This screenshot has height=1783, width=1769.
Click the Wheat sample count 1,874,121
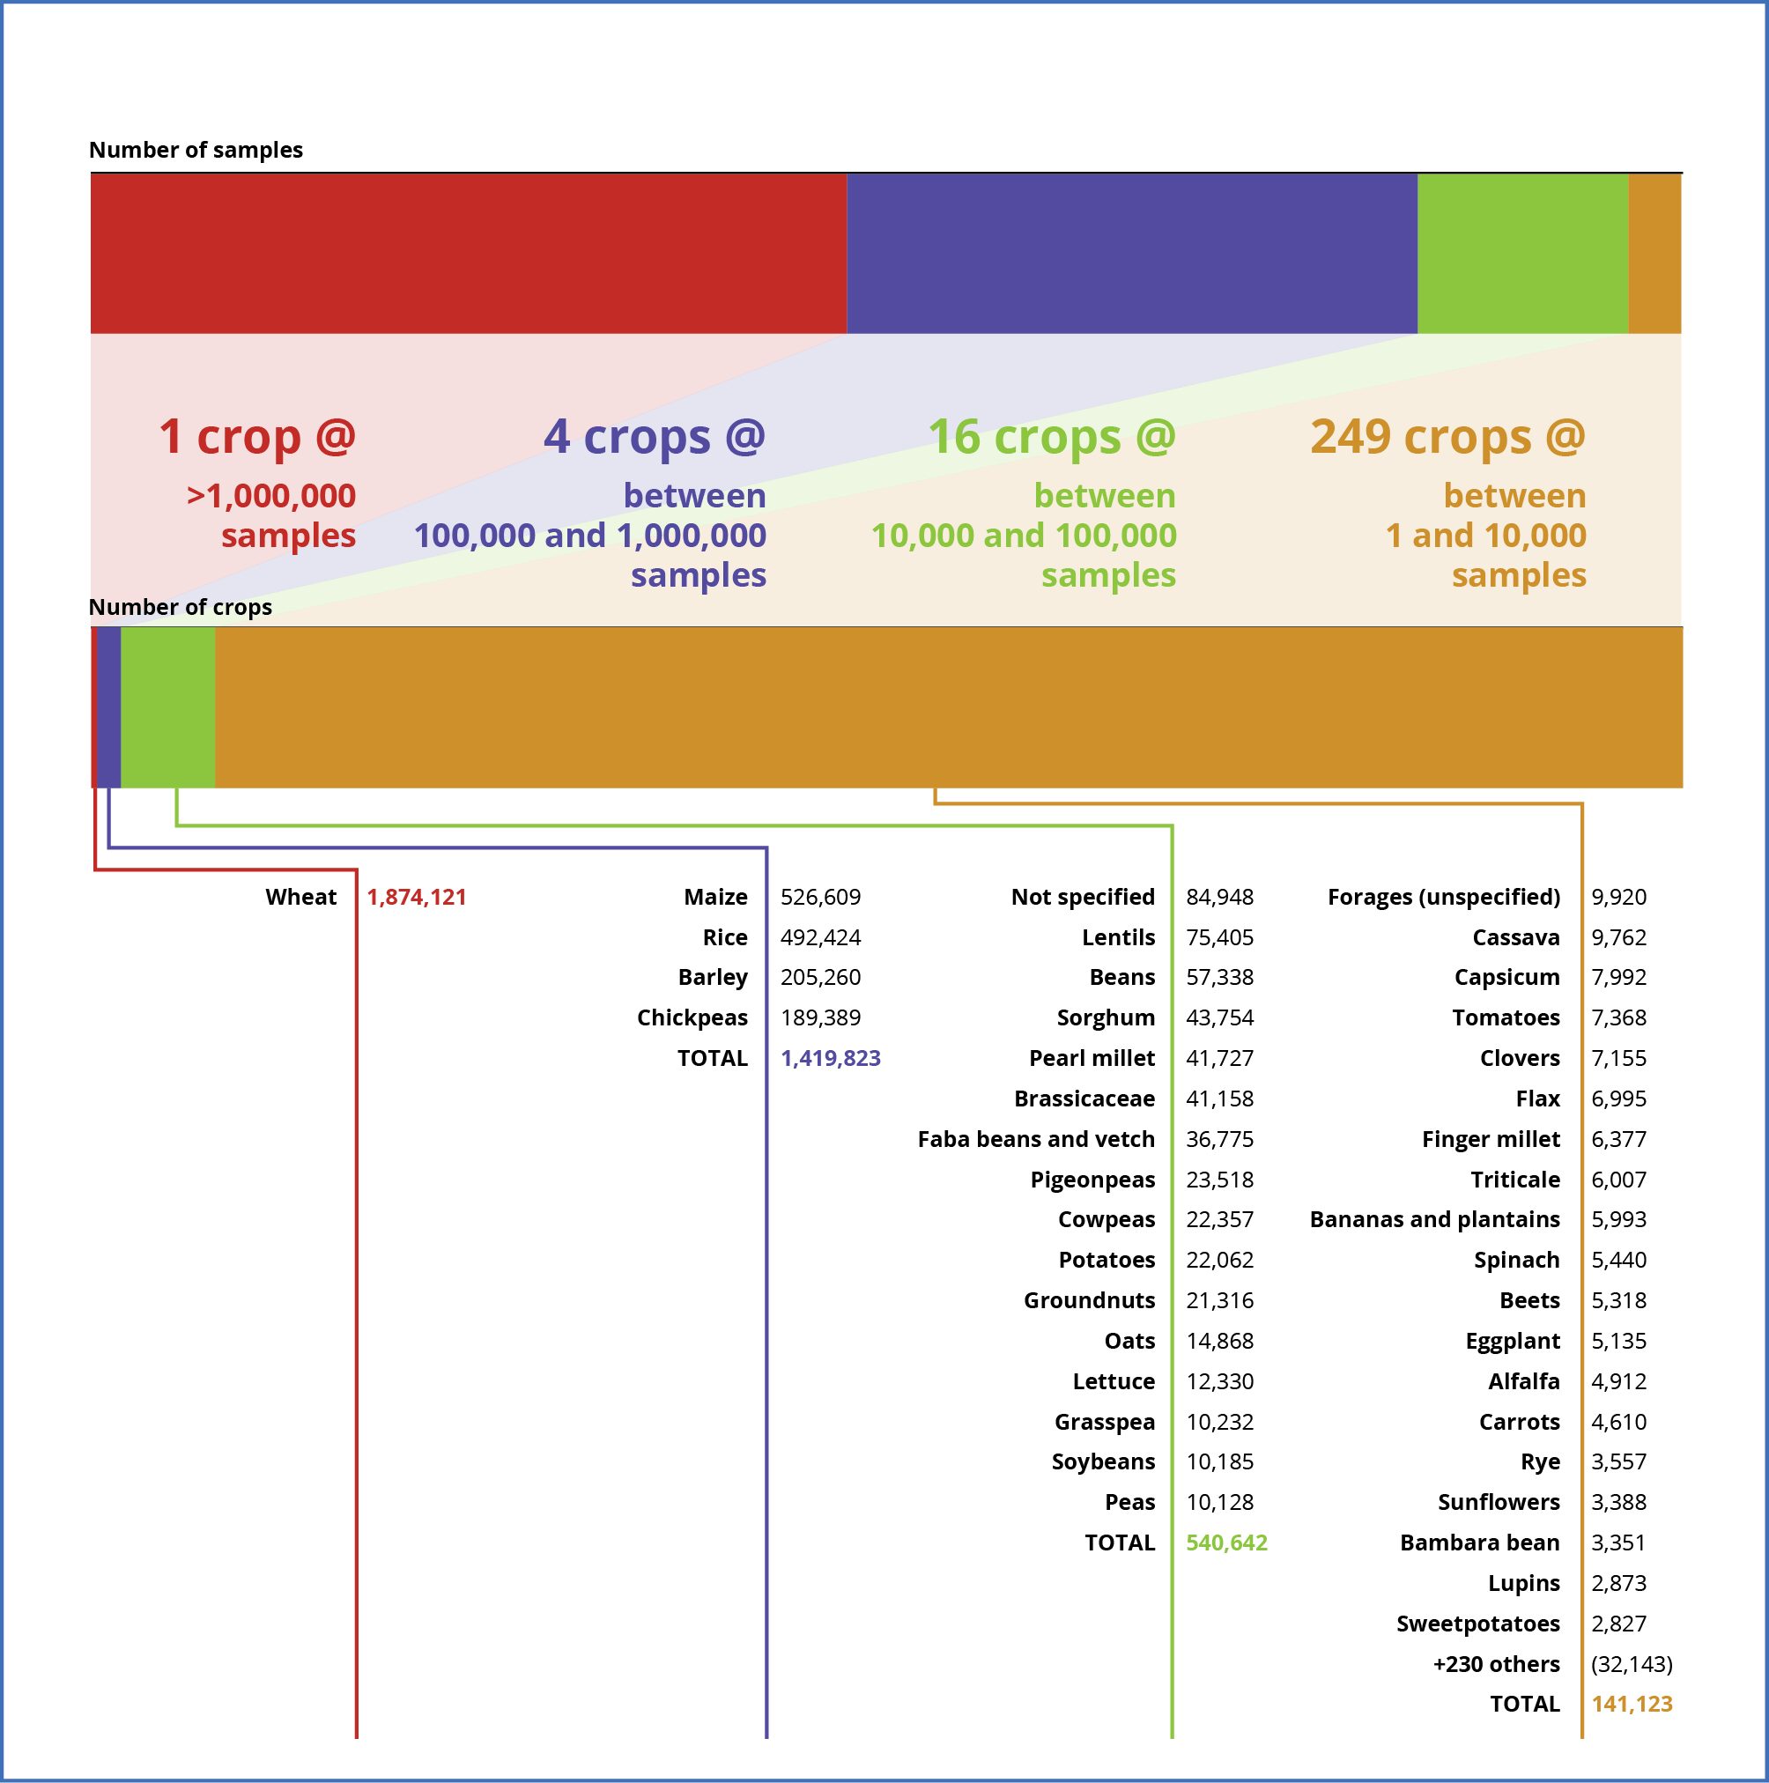click(416, 897)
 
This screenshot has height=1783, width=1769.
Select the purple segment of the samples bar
click(1131, 254)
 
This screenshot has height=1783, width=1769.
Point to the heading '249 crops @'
click(1447, 437)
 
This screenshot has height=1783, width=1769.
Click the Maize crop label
click(715, 897)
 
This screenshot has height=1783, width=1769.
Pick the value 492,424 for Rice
click(820, 937)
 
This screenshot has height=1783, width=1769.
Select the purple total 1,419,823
click(831, 1059)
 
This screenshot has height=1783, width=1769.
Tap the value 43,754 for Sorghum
click(1219, 1018)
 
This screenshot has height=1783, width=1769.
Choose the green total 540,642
click(1226, 1543)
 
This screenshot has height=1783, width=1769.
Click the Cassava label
click(1515, 937)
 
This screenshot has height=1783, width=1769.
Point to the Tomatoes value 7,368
click(1618, 1018)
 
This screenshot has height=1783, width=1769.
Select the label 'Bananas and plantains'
click(1434, 1220)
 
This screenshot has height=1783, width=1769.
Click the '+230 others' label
click(1496, 1665)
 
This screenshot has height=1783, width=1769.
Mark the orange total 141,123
click(1632, 1705)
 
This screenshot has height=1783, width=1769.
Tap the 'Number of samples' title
click(196, 151)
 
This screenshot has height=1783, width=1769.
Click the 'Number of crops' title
click(180, 607)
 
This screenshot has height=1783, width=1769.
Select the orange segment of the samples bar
click(1654, 254)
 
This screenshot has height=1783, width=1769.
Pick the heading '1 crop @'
click(256, 437)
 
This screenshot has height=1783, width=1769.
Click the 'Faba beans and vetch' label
click(1035, 1140)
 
